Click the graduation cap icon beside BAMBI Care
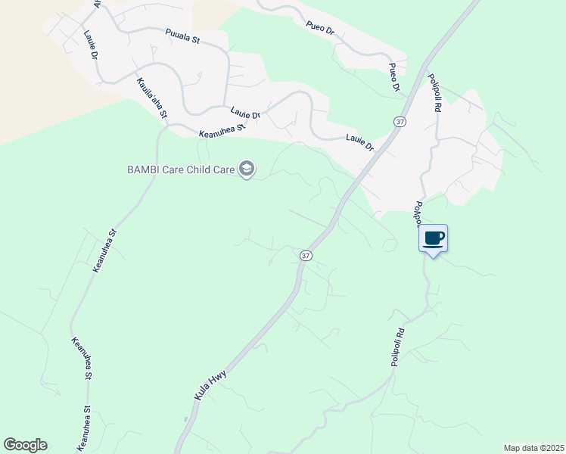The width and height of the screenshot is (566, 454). (x=246, y=169)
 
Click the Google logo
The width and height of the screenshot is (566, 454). (x=25, y=445)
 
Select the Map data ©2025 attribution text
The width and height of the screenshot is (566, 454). (x=533, y=448)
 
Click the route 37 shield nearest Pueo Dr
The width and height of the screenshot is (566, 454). (x=400, y=121)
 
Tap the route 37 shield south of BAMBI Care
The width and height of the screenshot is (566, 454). (x=305, y=255)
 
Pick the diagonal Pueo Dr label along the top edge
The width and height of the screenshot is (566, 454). (x=320, y=27)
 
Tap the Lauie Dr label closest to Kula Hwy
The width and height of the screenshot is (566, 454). (x=360, y=141)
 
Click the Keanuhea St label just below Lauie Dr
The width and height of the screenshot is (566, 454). (x=222, y=130)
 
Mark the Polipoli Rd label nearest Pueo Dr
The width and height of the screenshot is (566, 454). (x=434, y=92)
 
